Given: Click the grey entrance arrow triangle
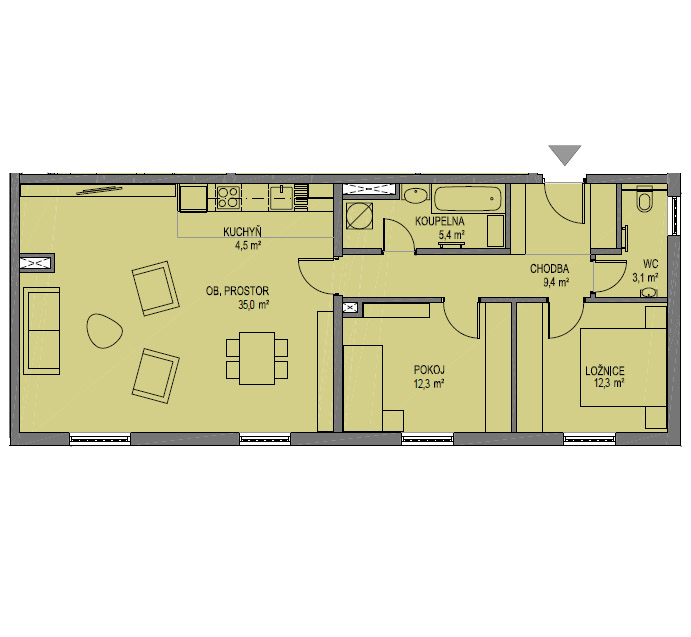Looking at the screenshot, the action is pyautogui.click(x=565, y=155).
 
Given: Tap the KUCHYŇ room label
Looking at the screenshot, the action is pyautogui.click(x=242, y=232).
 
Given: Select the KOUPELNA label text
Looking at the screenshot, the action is pyautogui.click(x=440, y=221).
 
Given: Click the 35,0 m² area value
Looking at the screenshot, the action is pyautogui.click(x=253, y=305).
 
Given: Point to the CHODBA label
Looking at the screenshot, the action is pyautogui.click(x=549, y=269).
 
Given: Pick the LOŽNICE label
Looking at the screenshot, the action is pyautogui.click(x=605, y=371).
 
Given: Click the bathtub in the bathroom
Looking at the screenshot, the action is pyautogui.click(x=468, y=199).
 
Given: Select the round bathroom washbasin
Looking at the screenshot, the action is pyautogui.click(x=415, y=195).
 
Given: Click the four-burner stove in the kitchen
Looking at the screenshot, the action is pyautogui.click(x=228, y=197).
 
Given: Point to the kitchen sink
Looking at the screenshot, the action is pyautogui.click(x=282, y=197).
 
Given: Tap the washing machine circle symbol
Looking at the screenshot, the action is pyautogui.click(x=359, y=216).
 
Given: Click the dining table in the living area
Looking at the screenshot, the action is pyautogui.click(x=257, y=358).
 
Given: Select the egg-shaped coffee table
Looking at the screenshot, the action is pyautogui.click(x=104, y=331).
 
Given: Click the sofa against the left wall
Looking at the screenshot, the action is pyautogui.click(x=41, y=331).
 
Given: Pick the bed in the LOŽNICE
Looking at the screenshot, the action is pyautogui.click(x=622, y=367).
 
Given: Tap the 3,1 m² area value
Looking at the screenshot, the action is pyautogui.click(x=645, y=278).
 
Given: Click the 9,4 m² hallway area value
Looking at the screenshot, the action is pyautogui.click(x=556, y=283).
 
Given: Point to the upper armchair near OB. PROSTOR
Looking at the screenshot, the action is pyautogui.click(x=156, y=288).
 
